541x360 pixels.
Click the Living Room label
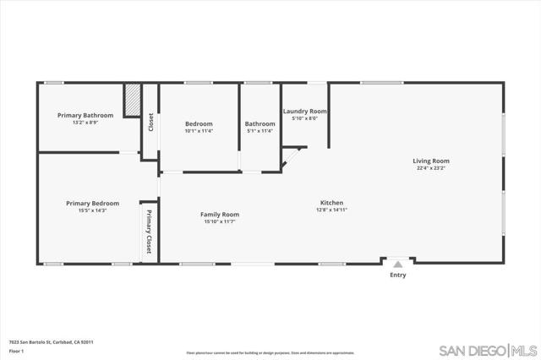pos(430,161)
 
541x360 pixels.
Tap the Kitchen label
pos(331,203)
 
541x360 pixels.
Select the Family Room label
pos(220,215)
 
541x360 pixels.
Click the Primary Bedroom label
pos(92,204)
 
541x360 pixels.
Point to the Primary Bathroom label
pos(85,115)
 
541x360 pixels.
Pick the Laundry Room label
pos(304,112)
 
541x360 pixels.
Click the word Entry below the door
pos(397,275)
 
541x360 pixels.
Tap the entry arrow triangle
pos(397,264)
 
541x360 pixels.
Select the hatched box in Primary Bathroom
pos(132,100)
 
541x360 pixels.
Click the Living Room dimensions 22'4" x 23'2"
pos(430,168)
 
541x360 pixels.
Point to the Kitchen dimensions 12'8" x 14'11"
pos(331,210)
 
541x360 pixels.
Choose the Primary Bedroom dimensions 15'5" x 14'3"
pos(92,210)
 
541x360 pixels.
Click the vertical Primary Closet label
pos(149,232)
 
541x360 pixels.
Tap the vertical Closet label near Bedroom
pos(151,123)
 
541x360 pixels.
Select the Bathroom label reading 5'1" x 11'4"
pos(260,131)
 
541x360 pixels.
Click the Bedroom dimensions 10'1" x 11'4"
pos(199,131)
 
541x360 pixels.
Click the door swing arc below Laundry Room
pos(292,156)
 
